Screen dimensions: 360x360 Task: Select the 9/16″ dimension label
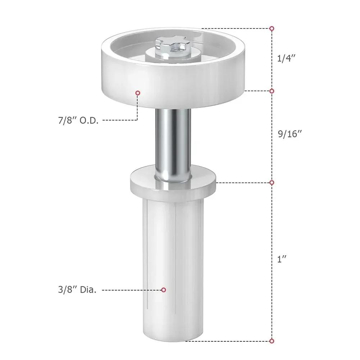290,134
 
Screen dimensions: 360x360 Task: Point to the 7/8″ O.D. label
79,120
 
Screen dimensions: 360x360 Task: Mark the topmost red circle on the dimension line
272,28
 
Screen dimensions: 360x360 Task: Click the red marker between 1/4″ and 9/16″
272,91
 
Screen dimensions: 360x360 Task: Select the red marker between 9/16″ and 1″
272,182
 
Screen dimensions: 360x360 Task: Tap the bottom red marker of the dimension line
272,341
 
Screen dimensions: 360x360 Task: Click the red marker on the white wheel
137,93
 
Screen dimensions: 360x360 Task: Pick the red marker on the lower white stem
163,290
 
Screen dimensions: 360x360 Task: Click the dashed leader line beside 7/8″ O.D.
119,120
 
